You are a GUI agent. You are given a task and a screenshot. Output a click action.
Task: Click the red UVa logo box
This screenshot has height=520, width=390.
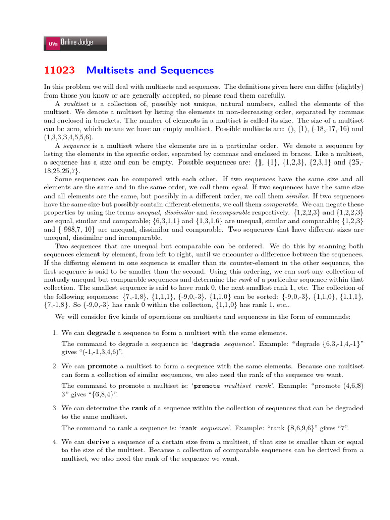[52, 44]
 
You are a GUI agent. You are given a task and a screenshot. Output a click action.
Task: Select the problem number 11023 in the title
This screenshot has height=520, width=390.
[59, 70]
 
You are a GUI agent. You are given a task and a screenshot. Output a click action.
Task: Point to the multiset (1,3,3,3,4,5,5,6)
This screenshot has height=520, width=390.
[71, 137]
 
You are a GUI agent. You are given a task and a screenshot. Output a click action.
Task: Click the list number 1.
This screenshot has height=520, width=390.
[56, 333]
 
